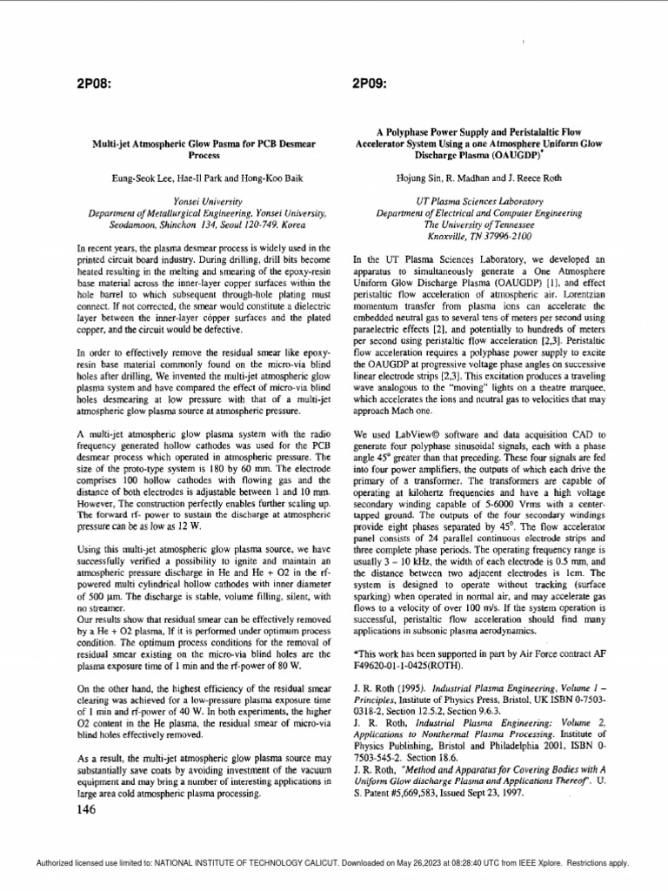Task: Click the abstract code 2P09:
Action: [370, 84]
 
